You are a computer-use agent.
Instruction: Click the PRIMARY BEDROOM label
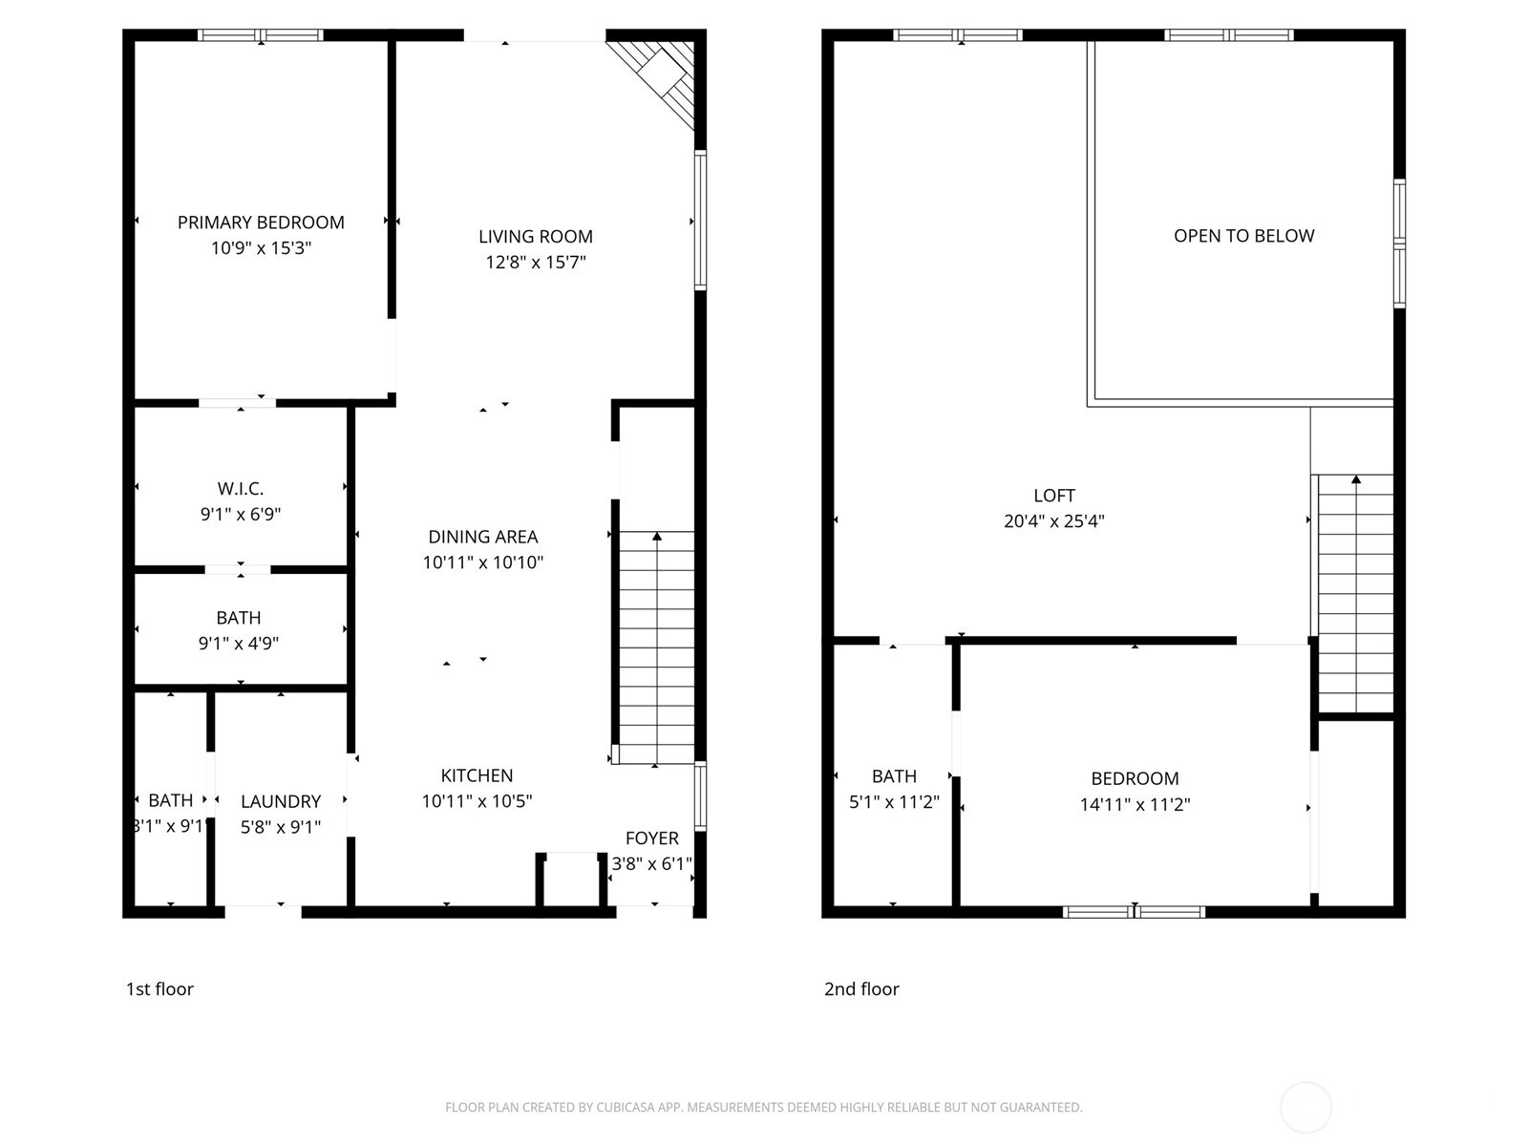tap(261, 223)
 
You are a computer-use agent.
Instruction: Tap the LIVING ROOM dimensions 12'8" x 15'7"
tap(535, 263)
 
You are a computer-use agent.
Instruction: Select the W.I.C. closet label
tap(240, 489)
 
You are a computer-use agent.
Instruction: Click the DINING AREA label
tap(482, 537)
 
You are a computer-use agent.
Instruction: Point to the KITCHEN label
tap(477, 775)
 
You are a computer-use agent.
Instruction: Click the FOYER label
tap(651, 838)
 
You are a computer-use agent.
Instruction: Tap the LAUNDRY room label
tap(280, 801)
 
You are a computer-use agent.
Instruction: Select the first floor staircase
tap(655, 647)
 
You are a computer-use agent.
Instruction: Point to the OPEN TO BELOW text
tap(1243, 236)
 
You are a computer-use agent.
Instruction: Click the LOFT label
tap(1053, 496)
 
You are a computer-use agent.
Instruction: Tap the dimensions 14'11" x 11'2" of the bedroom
tap(1135, 805)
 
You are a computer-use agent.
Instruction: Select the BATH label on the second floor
tap(894, 776)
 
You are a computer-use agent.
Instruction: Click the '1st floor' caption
tap(159, 989)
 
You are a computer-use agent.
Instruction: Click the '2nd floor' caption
tap(861, 989)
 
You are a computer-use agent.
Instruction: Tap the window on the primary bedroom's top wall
tap(261, 35)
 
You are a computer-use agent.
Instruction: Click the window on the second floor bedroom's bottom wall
tap(1134, 912)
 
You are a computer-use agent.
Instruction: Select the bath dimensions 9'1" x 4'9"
tap(238, 644)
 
